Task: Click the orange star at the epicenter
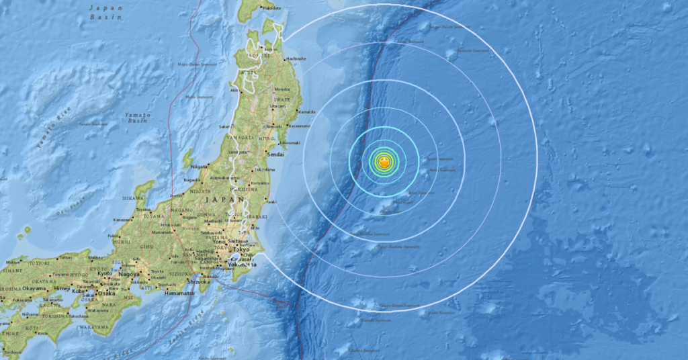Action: [x=383, y=162]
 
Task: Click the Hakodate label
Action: [x=271, y=7]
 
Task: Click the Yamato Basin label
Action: [x=137, y=118]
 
